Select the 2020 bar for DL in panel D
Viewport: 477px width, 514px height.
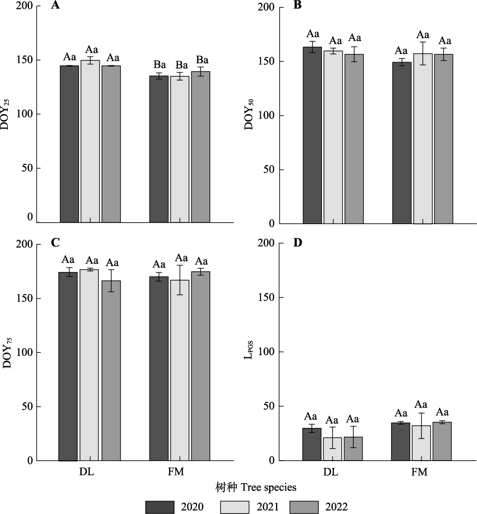312,444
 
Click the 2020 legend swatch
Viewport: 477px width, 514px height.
160,507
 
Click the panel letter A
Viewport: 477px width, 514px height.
55,6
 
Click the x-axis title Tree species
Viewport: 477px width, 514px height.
256,486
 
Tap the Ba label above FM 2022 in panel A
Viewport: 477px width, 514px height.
202,60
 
